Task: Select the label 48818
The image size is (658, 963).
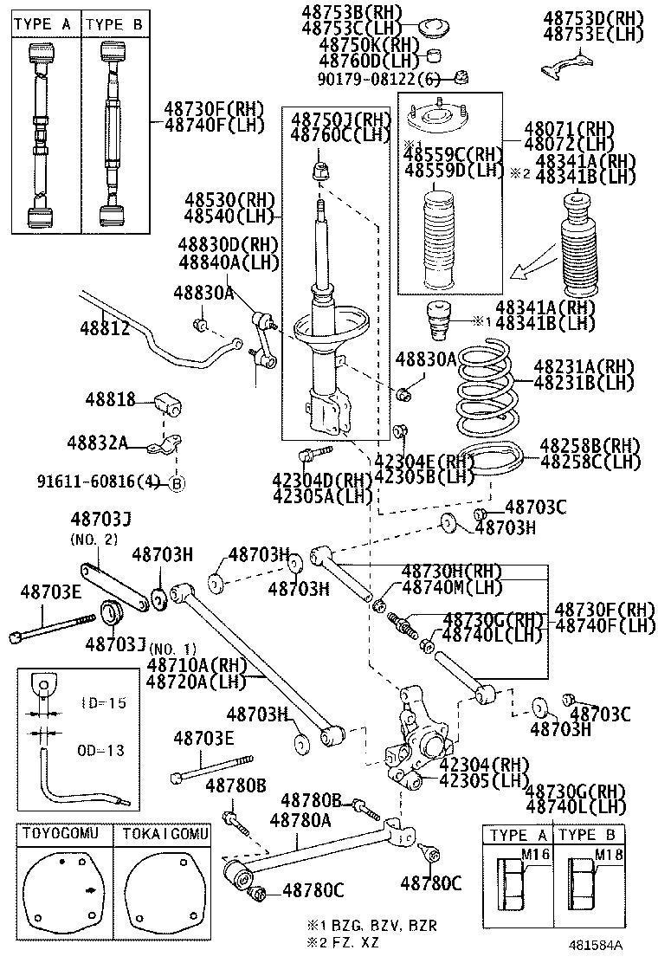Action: pyautogui.click(x=110, y=399)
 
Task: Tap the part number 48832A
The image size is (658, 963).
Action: pyautogui.click(x=97, y=443)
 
